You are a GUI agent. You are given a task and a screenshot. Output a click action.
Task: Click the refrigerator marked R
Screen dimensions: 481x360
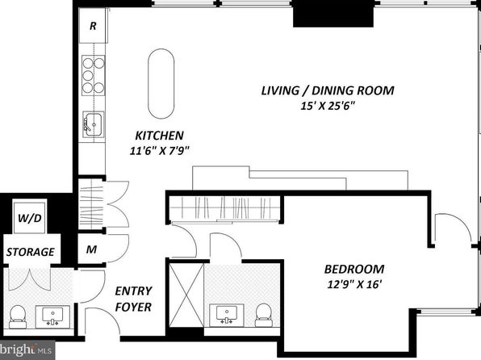point(93,26)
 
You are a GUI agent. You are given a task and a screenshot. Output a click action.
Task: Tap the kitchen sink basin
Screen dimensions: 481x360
point(94,124)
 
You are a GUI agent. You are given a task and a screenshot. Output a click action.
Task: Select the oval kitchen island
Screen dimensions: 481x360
point(161,83)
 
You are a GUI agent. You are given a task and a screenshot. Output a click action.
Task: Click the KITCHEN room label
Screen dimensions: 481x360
point(160,136)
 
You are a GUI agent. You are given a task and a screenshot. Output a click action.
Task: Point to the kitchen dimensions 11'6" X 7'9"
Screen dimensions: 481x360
point(160,151)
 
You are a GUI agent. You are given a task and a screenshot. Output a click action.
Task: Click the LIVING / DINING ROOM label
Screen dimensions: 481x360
point(328,90)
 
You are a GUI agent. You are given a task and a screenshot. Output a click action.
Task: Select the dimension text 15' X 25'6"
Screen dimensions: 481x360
point(328,107)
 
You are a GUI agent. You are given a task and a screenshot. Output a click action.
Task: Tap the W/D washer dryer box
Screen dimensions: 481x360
point(30,217)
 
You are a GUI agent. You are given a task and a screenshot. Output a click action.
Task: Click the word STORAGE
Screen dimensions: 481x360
point(31,252)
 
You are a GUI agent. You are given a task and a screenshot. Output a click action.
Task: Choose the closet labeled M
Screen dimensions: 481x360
point(91,249)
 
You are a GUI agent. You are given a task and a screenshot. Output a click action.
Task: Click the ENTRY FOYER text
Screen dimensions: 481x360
point(133,299)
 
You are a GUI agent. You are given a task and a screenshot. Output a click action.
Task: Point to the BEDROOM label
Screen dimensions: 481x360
point(354,269)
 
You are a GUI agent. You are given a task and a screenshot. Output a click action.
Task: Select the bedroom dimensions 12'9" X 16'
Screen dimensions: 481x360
point(354,284)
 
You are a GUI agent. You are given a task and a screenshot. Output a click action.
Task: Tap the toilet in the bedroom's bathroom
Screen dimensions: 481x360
point(263,315)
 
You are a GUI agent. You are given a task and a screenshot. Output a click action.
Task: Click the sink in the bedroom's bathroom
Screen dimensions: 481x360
point(227,315)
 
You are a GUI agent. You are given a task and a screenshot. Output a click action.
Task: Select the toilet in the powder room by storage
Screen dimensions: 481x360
point(17,316)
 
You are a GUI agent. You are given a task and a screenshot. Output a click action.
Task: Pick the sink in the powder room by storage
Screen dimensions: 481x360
point(52,316)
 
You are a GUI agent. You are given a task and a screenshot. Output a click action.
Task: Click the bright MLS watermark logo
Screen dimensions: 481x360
point(27,350)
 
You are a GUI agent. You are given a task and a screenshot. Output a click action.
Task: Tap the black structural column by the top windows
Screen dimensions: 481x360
point(333,14)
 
